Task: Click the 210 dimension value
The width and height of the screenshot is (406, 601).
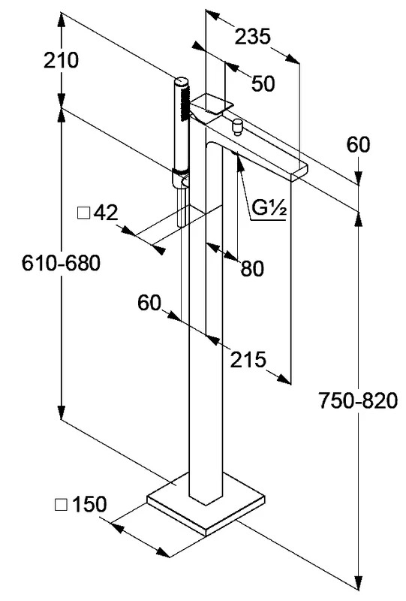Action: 61,61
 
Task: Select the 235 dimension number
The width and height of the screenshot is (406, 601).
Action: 252,37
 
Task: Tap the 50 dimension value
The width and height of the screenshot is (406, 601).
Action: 263,83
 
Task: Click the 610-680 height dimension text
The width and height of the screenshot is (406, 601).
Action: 61,263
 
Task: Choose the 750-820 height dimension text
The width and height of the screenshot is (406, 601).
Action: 358,401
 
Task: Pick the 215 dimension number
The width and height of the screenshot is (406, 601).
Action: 248,359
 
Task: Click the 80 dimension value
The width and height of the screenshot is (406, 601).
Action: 252,268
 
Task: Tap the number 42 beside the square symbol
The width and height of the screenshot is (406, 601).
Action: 106,212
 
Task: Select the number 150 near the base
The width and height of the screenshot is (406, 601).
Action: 89,504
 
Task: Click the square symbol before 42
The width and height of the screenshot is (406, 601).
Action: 83,213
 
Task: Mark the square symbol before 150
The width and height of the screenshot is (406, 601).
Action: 62,504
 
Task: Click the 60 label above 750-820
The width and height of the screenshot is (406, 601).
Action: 359,145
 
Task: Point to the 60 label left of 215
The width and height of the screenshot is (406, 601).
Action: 149,303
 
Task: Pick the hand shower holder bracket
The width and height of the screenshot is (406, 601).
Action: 180,179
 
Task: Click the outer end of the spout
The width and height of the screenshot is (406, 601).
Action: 300,171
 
